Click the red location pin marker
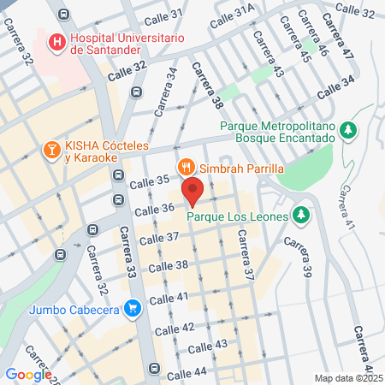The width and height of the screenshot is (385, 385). pos(192,191)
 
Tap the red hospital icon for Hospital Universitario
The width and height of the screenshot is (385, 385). pos(56,41)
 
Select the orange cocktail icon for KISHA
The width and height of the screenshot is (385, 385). pos(51,151)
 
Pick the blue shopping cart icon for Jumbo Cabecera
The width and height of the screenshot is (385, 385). pos(132,308)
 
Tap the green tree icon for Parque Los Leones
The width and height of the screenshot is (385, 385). pos(300,215)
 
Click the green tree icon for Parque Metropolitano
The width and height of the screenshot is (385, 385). pos(347,130)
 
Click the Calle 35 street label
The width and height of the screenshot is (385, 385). pos(151,181)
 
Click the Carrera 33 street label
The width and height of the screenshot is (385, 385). pos(127,253)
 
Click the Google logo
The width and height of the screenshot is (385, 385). pos(28,374)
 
